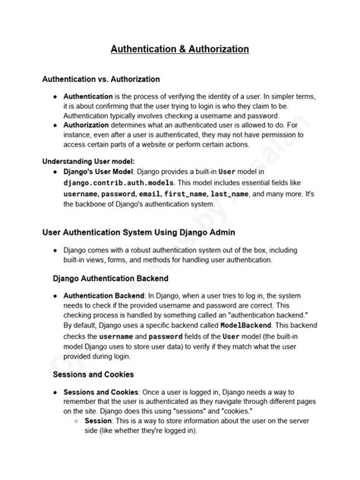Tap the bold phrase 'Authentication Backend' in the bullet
(111, 295)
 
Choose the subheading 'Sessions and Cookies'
(93, 374)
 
